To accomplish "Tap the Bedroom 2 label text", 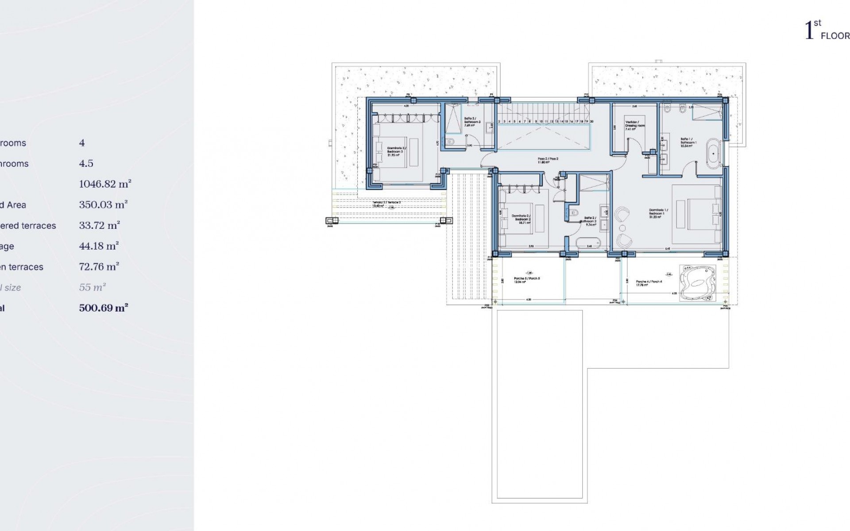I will point(521,218).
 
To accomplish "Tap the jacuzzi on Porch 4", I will point(698,282).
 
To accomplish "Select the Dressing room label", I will point(634,125).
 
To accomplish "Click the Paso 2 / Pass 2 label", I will point(548,160).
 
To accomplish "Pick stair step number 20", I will point(591,121).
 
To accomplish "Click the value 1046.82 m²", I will point(105,184).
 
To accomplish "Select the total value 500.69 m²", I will point(104,308).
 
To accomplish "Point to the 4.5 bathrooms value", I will point(86,163).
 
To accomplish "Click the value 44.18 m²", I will point(99,246).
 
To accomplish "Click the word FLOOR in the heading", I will point(835,36).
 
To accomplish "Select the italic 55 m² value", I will point(92,287).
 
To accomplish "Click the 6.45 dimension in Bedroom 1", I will point(667,249).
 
